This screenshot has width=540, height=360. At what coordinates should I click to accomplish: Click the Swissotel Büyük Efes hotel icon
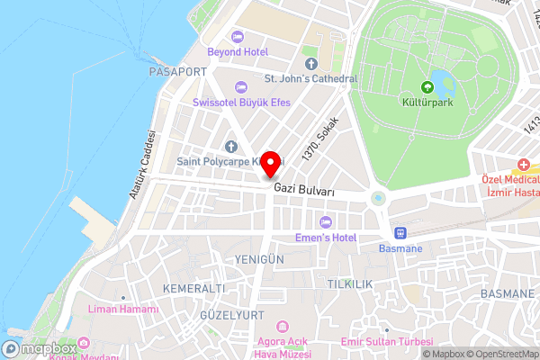238,86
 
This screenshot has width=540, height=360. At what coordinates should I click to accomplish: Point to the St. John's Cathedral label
310,78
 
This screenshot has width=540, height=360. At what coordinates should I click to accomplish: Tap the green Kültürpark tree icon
427,88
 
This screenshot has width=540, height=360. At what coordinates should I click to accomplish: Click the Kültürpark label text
427,103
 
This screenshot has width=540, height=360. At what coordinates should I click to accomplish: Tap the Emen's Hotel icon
325,222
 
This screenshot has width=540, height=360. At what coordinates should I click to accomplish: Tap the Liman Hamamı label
123,310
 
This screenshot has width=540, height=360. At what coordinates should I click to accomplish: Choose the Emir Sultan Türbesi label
387,342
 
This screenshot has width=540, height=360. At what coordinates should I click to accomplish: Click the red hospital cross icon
523,166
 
